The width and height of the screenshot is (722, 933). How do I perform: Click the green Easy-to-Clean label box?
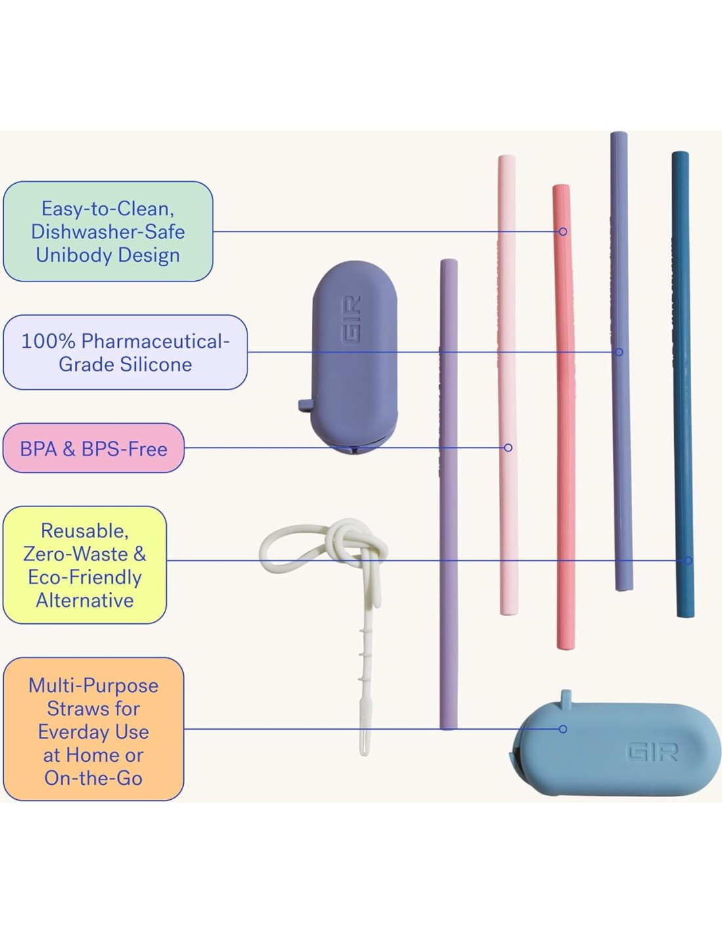(x=108, y=231)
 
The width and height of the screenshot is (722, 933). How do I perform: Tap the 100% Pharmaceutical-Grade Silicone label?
(x=125, y=352)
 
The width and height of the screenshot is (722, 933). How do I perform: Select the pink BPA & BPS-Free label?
(x=93, y=448)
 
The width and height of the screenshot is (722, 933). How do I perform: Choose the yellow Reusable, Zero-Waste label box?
(x=85, y=565)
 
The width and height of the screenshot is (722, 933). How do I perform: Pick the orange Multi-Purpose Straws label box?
(x=93, y=729)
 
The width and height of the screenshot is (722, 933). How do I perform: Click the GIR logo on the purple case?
(x=351, y=319)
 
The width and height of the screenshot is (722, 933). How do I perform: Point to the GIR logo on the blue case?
(x=652, y=752)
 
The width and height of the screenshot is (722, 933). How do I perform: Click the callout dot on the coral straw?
(x=563, y=232)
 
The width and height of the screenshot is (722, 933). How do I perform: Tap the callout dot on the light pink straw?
(x=508, y=447)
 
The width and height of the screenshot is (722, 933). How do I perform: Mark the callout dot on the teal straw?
(x=688, y=560)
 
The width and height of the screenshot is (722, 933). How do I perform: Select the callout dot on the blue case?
(x=563, y=729)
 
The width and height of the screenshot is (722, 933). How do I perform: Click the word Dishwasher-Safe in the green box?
(x=108, y=232)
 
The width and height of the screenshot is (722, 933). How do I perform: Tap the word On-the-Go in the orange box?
(x=93, y=778)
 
